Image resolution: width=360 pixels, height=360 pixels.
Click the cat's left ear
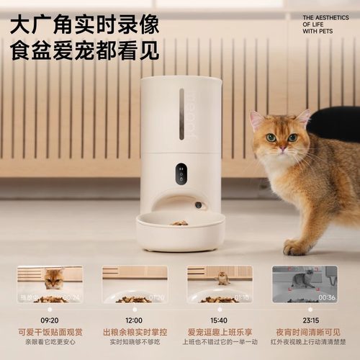[x=256, y=120]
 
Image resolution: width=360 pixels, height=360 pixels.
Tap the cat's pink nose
[x=282, y=148]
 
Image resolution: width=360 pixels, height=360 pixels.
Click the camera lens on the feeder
[x=197, y=205]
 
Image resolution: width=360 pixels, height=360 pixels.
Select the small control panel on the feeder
[x=181, y=174]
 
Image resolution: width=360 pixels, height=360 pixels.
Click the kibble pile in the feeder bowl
[x=179, y=222]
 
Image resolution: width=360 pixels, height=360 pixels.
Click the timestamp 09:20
[x=50, y=319]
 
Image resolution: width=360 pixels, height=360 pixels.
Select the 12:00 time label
[x=135, y=319]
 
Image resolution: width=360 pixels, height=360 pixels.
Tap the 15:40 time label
[x=220, y=319]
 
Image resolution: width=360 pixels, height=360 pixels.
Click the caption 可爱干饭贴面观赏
[x=50, y=332]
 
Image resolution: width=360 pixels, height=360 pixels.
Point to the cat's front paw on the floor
[x=295, y=248]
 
